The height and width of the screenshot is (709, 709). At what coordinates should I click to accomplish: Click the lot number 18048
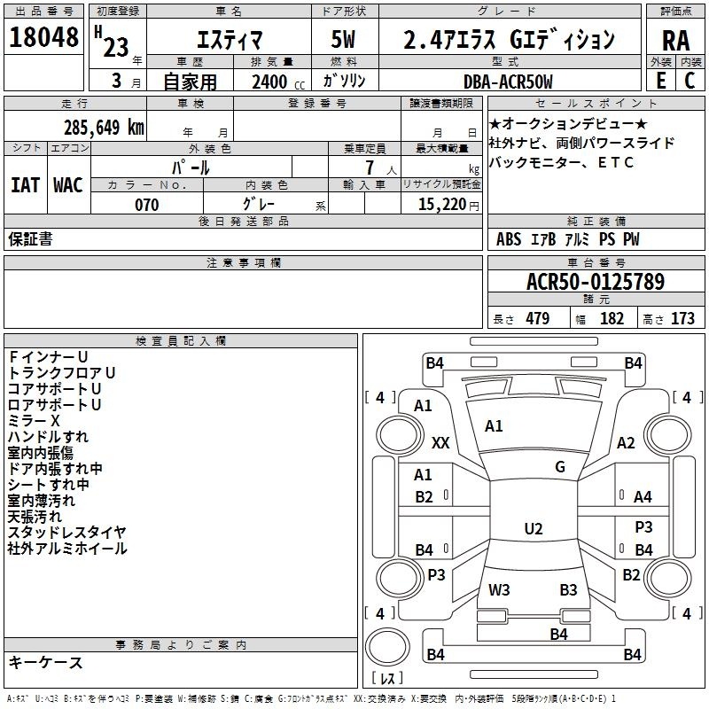pos(43,39)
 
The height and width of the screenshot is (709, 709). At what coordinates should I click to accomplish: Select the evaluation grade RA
pos(675,41)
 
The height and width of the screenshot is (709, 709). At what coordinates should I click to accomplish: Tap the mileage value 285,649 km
pos(104,128)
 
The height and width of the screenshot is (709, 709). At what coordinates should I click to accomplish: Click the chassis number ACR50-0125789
pos(596,282)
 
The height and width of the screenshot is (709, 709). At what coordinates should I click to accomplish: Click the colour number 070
pos(146,205)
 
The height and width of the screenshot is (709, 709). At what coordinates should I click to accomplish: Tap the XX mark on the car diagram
pos(440,442)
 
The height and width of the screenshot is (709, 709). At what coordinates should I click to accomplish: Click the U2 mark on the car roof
pos(533,529)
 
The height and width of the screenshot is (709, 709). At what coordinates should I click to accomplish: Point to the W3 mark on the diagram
pos(499,589)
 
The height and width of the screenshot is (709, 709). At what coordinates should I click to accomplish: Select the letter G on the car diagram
pos(560,467)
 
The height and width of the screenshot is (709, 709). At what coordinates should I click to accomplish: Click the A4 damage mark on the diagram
pos(643,497)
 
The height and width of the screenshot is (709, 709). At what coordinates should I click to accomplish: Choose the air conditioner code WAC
pos(67,185)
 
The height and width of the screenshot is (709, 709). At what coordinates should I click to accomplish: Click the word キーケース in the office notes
pos(45,663)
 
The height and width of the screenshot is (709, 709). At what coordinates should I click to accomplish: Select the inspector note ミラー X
pos(34,420)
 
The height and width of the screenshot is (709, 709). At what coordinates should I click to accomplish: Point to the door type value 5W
pos(346,40)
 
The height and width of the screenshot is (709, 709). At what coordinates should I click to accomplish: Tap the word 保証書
pos(30,238)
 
